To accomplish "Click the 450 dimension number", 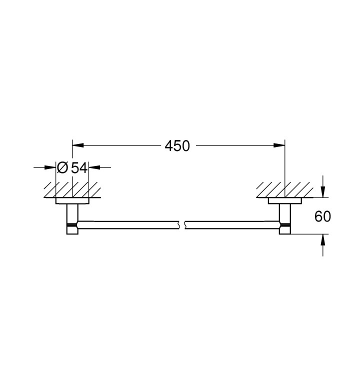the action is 177,146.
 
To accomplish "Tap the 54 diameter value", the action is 79,167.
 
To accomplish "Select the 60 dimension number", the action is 322,216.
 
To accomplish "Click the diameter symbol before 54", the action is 62,167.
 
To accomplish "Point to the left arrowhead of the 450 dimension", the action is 77,145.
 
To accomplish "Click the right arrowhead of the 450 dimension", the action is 279,145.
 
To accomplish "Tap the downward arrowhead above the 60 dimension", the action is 322,192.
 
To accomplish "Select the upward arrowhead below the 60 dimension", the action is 322,239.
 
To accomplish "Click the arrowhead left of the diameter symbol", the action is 50,167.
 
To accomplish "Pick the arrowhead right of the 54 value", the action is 94,167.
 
